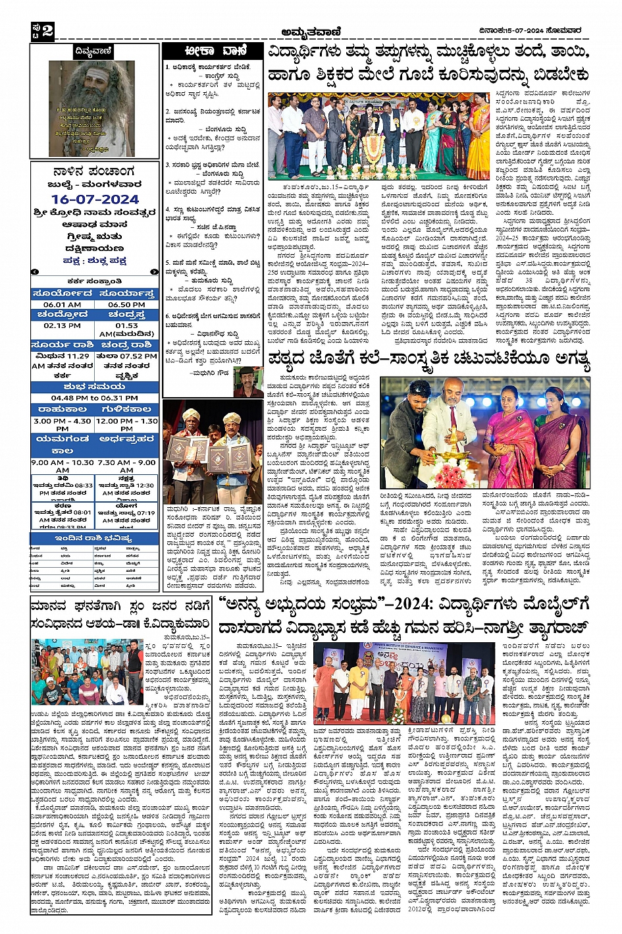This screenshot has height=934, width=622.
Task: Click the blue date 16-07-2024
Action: [95, 199]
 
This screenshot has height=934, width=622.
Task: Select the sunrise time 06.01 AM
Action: [63, 304]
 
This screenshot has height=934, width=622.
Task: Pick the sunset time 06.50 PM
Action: [126, 304]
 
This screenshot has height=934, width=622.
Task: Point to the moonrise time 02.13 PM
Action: [63, 325]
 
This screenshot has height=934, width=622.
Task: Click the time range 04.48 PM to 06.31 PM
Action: [95, 398]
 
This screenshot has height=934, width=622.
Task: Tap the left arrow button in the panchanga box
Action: [36, 271]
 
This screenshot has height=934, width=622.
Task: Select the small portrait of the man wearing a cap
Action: [247, 381]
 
